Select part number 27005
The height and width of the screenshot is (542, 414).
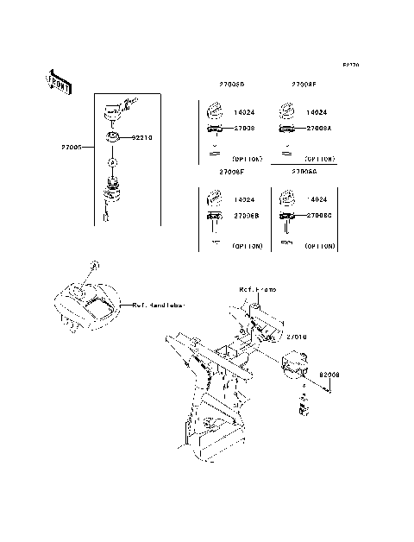tap(72, 148)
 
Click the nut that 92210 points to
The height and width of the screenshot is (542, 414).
tap(113, 137)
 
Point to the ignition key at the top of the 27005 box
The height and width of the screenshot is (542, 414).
tap(116, 107)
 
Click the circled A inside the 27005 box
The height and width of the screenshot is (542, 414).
tap(113, 161)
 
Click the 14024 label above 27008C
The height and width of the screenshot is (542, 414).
tap(316, 199)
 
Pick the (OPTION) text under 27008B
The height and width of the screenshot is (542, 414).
tap(248, 247)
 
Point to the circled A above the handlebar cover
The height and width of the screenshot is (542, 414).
tap(95, 262)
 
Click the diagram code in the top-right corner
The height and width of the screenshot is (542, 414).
tap(350, 65)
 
